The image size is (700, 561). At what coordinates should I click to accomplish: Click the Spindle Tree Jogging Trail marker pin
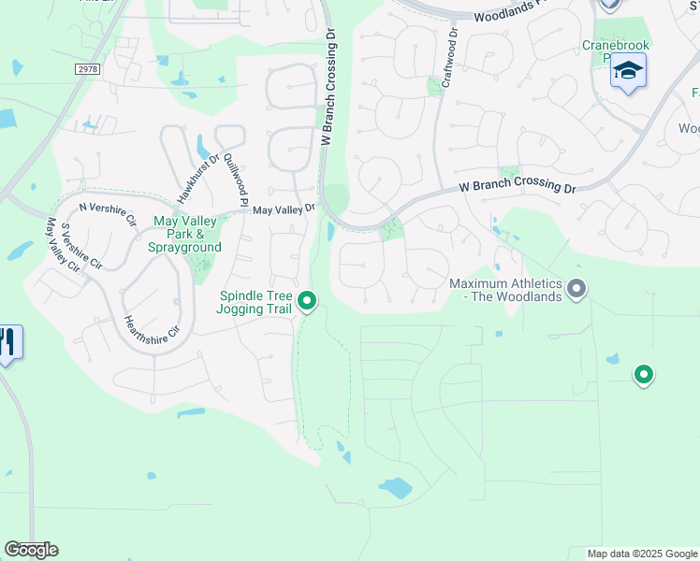coord(307,301)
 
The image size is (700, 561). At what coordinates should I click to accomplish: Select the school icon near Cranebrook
coord(628,72)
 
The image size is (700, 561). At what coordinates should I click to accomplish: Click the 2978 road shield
coord(87,68)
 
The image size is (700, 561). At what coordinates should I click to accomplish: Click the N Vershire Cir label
coord(108,209)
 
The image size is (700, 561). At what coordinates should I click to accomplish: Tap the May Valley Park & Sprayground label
coord(185,234)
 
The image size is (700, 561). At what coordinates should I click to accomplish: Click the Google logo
coord(31,550)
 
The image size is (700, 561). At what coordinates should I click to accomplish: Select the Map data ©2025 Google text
coord(642,554)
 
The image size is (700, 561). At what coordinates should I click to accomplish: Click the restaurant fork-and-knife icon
coord(9,342)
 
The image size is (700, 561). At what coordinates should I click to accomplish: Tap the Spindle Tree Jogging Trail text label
coord(254,301)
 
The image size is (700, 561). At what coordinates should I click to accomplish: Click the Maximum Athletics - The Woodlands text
coord(505,290)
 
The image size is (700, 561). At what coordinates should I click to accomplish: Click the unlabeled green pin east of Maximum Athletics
coord(643,375)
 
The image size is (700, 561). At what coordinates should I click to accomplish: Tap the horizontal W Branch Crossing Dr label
coord(517,187)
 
